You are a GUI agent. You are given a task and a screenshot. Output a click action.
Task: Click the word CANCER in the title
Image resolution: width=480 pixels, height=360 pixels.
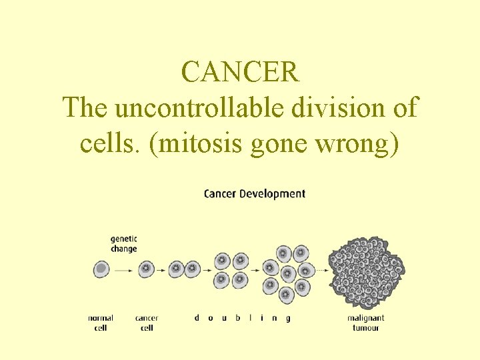click(240, 72)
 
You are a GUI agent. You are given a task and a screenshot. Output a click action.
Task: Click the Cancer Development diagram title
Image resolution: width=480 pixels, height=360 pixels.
click(254, 194)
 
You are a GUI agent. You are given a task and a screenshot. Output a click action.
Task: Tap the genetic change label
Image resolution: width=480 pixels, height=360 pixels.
click(123, 244)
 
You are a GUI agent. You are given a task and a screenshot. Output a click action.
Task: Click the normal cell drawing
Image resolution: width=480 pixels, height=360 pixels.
click(101, 269)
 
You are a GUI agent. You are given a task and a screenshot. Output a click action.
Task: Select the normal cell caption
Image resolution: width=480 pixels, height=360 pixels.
click(101, 323)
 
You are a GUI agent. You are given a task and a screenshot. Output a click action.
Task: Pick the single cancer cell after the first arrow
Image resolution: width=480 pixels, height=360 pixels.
click(146, 269)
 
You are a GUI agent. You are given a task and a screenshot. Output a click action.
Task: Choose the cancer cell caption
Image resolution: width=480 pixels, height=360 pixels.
click(147, 323)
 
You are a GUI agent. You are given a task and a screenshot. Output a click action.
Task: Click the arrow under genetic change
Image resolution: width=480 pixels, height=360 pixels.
click(123, 270)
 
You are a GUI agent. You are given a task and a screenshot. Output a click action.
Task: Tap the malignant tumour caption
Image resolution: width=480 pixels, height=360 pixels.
click(365, 323)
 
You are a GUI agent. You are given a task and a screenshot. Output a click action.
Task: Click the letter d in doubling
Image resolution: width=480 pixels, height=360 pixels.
click(197, 318)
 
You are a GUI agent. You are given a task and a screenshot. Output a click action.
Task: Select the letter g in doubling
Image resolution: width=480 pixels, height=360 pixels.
click(288, 319)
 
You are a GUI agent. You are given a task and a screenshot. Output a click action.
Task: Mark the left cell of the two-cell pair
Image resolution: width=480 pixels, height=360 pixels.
click(176, 269)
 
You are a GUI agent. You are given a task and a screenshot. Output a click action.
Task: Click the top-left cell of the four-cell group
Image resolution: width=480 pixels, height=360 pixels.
click(223, 261)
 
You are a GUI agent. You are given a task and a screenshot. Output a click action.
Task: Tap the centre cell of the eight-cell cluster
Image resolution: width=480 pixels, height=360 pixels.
click(289, 273)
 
